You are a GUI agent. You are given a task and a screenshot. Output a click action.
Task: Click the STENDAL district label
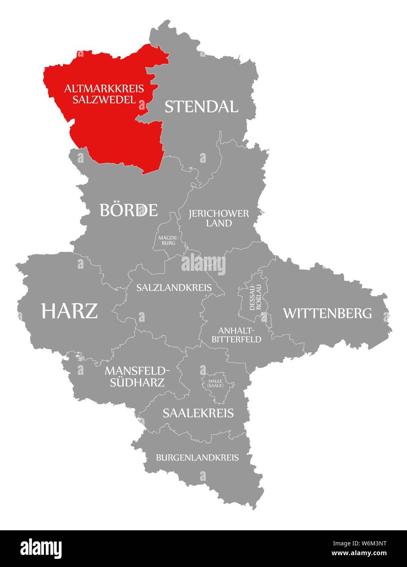click(201, 106)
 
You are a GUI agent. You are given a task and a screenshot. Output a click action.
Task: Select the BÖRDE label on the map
click(128, 210)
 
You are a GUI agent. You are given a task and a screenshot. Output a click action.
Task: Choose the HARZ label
click(69, 311)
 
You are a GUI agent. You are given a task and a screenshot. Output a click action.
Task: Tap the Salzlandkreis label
click(174, 288)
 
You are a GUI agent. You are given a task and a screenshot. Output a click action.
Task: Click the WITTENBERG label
click(327, 313)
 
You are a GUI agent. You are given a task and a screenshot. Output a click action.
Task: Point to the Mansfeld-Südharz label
click(137, 376)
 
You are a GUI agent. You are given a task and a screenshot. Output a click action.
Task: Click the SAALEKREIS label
click(198, 413)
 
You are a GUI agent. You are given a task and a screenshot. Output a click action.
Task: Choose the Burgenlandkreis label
click(197, 457)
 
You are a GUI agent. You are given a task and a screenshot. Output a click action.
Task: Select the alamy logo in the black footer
click(41, 548)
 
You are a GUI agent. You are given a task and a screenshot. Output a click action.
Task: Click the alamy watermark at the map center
click(203, 264)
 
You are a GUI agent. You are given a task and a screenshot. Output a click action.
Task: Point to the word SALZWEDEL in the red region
click(104, 99)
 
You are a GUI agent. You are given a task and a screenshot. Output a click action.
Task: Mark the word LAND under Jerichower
click(219, 223)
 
